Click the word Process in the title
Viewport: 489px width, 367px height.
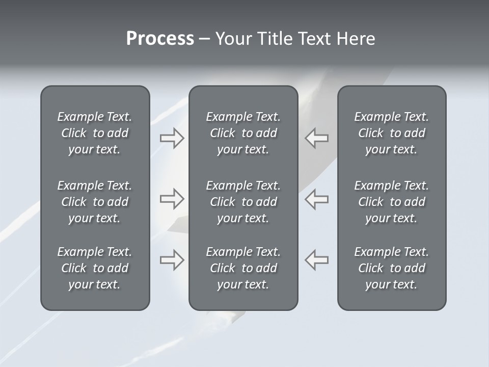click(160, 39)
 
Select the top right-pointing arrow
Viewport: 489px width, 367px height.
click(172, 138)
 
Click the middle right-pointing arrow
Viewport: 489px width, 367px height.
click(172, 199)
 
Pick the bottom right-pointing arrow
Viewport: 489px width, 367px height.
click(172, 260)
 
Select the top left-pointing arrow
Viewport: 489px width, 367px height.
click(317, 138)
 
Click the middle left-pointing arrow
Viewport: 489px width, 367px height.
click(317, 199)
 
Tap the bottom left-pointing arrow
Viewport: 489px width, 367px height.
click(317, 260)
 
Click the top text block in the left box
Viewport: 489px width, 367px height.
click(95, 133)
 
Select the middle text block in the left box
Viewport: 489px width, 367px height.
click(95, 202)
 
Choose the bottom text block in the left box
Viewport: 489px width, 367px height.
click(95, 268)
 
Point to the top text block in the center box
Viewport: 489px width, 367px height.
click(243, 133)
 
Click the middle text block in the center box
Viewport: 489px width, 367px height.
click(243, 202)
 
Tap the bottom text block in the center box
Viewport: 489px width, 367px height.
click(243, 268)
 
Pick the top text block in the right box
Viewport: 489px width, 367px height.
click(391, 133)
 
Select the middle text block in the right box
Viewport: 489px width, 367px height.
click(391, 202)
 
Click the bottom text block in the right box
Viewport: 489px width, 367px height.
click(391, 268)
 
